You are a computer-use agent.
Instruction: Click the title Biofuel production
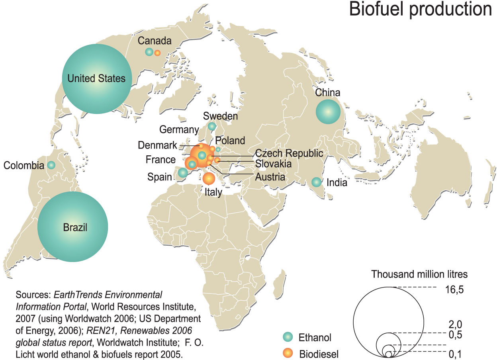click(421, 10)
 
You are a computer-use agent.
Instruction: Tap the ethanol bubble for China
click(328, 112)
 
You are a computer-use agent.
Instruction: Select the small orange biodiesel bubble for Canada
click(157, 53)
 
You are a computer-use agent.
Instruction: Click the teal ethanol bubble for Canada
click(149, 51)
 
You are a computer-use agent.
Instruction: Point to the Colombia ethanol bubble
click(51, 164)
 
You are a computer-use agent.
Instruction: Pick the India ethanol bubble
click(316, 182)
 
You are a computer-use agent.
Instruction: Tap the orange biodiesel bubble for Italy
click(208, 179)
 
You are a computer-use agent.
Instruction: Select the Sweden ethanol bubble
click(212, 126)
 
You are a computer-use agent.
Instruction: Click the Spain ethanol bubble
click(183, 172)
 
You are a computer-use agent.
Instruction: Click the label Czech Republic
click(289, 153)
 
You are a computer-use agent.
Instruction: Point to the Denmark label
click(157, 145)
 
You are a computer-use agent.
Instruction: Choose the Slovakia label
click(273, 164)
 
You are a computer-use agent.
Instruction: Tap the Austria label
click(270, 177)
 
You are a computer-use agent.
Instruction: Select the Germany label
click(179, 129)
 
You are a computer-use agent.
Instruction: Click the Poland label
click(230, 141)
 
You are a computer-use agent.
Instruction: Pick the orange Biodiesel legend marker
click(288, 352)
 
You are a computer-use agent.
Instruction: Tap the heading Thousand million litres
click(419, 274)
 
